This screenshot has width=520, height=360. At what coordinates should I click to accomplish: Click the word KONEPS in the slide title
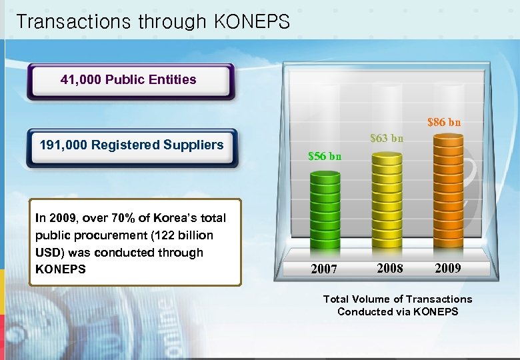(252, 22)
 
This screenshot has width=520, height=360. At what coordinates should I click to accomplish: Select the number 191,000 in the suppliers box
(63, 145)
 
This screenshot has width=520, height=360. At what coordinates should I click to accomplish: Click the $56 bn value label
(325, 157)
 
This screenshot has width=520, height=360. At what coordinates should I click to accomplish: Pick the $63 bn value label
(387, 139)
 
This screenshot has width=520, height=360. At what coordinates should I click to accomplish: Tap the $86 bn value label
(443, 123)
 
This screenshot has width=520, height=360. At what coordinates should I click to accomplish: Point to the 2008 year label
(389, 268)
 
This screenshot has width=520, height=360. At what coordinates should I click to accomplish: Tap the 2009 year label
(447, 268)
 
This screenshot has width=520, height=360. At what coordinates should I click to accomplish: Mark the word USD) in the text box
(48, 253)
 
